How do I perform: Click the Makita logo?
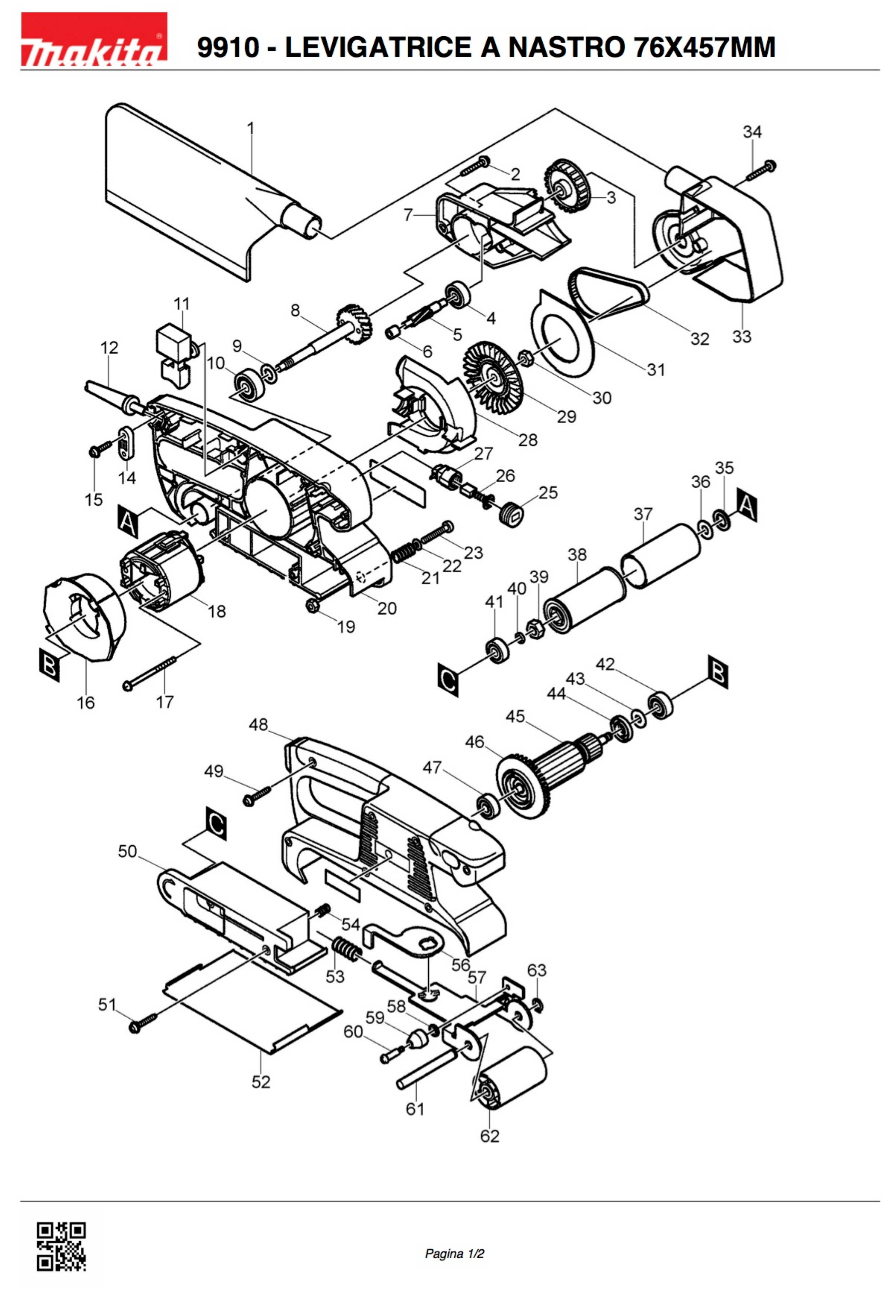94,39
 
